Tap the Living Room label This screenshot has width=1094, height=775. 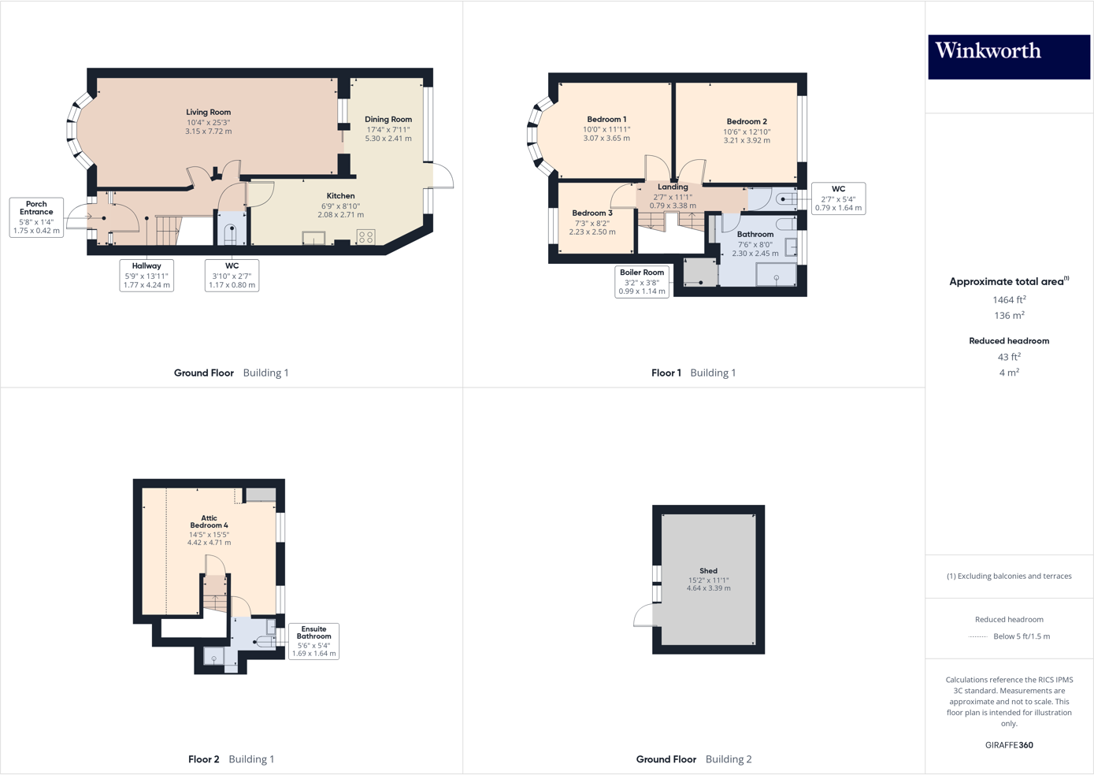[x=209, y=113]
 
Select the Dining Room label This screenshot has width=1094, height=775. [x=388, y=120]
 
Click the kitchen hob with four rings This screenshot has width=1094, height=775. [x=366, y=235]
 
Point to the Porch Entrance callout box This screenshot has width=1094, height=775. [x=36, y=217]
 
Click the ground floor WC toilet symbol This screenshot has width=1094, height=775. [x=232, y=232]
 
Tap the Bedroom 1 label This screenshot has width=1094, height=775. [x=606, y=120]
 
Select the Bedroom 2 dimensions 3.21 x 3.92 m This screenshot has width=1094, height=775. [x=747, y=141]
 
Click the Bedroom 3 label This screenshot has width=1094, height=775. [x=592, y=213]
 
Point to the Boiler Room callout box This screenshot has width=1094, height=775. [x=642, y=281]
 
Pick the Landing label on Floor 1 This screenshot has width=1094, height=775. [x=673, y=187]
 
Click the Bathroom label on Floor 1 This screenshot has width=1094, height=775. [x=755, y=235]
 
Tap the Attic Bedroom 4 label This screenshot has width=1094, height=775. [x=209, y=521]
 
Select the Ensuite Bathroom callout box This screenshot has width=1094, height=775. [x=313, y=641]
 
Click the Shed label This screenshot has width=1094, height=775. [x=708, y=571]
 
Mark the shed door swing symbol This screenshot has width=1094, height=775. [x=644, y=615]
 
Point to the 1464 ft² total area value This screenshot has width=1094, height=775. [x=1009, y=300]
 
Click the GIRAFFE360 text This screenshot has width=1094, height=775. [x=1009, y=745]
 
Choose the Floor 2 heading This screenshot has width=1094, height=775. [x=203, y=759]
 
